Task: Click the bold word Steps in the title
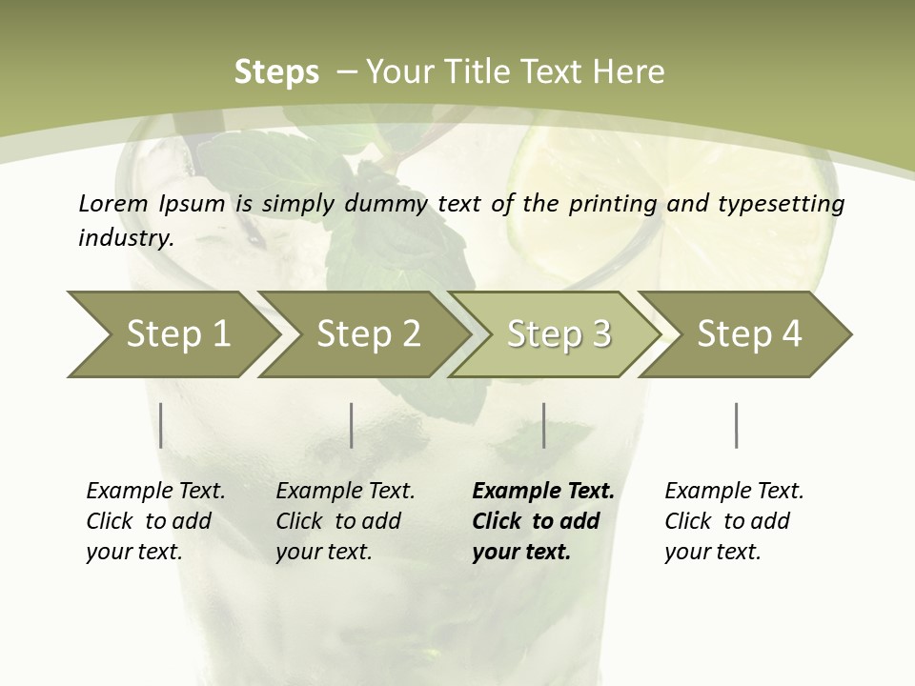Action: [276, 72]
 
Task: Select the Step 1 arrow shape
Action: [172, 333]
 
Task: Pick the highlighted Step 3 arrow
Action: [558, 333]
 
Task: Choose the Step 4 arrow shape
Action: [748, 333]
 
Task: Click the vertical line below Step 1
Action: [161, 425]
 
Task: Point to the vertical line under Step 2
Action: [352, 425]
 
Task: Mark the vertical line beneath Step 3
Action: [544, 425]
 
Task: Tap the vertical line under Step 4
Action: [737, 425]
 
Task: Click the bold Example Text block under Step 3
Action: [542, 521]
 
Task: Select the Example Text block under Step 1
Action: [155, 521]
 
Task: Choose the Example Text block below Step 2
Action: [345, 521]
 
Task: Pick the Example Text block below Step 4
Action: [734, 521]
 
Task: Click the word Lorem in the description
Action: [113, 203]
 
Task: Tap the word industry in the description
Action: [126, 237]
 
